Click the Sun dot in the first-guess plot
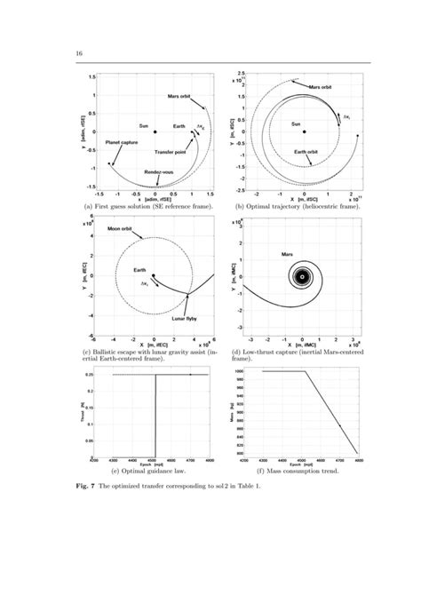point(155,131)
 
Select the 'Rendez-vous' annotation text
point(151,172)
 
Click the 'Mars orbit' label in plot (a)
point(182,95)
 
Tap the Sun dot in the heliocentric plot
point(304,132)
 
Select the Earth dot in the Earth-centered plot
point(154,275)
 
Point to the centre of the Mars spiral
point(302,275)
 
